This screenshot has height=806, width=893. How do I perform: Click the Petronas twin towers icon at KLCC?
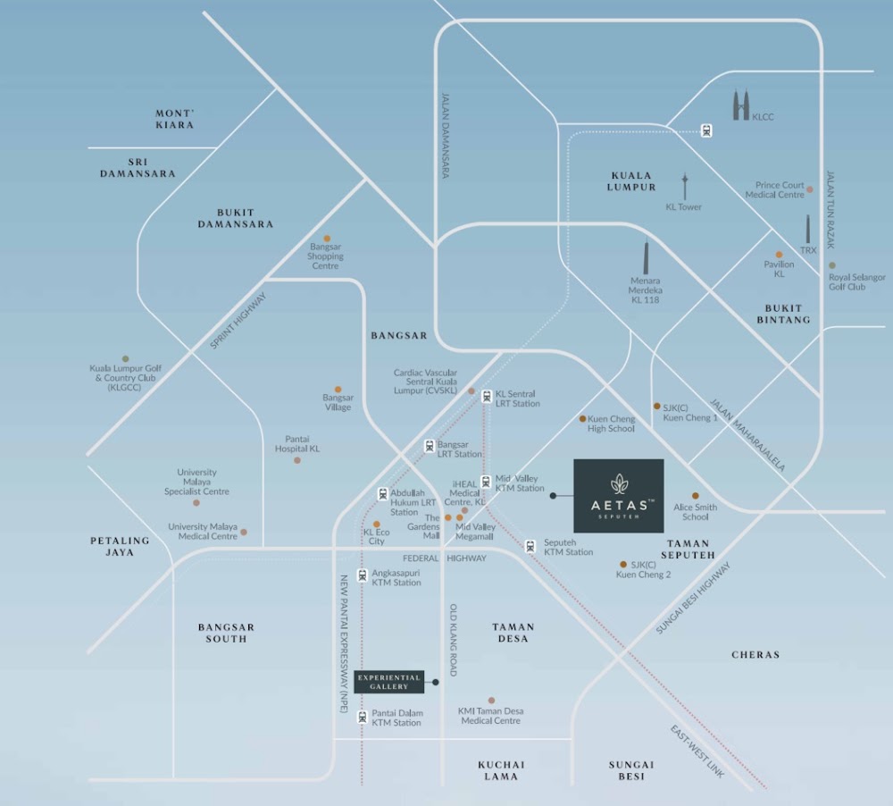tap(741, 105)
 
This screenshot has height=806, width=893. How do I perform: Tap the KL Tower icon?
tap(685, 187)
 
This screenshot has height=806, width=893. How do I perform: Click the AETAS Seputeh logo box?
tap(619, 496)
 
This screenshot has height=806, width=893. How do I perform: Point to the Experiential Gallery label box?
tap(389, 682)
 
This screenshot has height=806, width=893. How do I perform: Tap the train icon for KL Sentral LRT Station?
tap(487, 397)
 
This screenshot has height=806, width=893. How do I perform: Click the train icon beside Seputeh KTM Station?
tap(530, 547)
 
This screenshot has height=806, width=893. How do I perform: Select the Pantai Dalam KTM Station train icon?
tap(363, 717)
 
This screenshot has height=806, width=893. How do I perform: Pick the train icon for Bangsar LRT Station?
tap(430, 446)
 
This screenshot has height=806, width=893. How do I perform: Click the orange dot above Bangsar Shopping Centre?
tap(327, 239)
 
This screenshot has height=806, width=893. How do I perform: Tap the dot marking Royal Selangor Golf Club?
tap(832, 265)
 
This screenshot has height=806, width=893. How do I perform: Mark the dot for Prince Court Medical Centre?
tap(810, 189)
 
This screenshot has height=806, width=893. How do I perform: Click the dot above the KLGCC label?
tap(125, 358)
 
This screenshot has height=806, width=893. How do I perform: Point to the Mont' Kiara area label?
tap(175, 119)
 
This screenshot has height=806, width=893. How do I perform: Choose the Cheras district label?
tap(755, 655)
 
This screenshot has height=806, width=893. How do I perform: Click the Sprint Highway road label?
tap(238, 321)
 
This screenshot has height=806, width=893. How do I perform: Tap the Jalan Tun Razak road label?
tap(830, 209)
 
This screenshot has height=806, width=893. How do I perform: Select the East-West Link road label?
tap(697, 751)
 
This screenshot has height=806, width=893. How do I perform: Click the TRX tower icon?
tap(807, 230)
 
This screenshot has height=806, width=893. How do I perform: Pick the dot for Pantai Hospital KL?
tap(297, 460)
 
